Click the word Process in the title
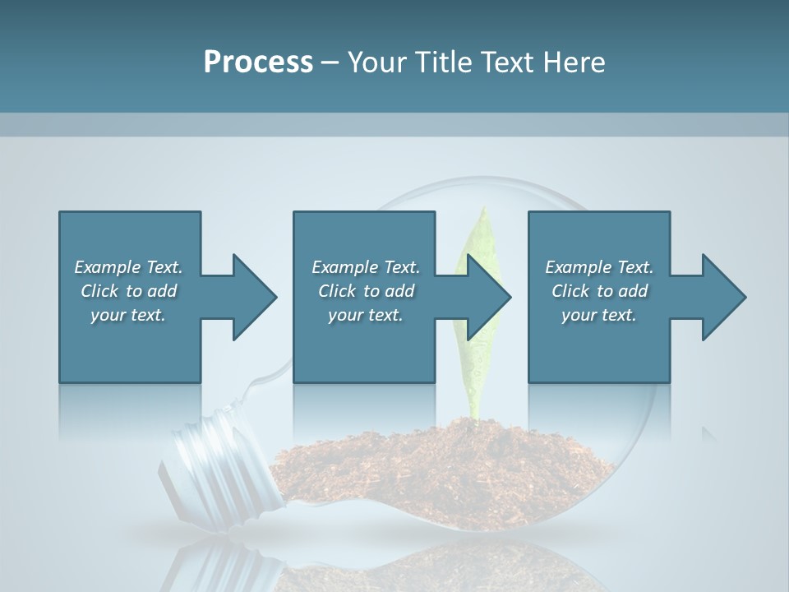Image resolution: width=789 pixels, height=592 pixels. tap(258, 62)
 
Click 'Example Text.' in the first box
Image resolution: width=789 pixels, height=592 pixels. tap(129, 267)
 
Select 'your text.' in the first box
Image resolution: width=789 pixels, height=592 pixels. tap(129, 315)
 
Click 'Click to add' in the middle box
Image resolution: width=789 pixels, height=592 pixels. tap(366, 291)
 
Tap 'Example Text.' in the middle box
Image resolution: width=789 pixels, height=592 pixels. tap(366, 267)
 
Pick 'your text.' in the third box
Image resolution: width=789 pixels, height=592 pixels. tap(599, 315)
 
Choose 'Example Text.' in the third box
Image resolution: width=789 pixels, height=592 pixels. tap(599, 267)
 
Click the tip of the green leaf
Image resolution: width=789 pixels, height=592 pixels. tap(485, 210)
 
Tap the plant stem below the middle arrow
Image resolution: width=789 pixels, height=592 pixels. tap(473, 399)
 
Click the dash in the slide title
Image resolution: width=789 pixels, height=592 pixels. tap(330, 62)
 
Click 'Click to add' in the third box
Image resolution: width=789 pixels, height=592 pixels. tap(599, 291)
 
